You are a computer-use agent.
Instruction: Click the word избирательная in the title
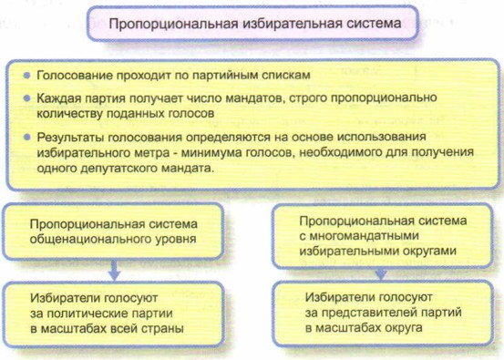(292, 24)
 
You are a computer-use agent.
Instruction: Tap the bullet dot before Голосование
(27, 76)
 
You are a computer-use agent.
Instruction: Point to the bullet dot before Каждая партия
(27, 98)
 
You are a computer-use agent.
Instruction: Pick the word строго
(308, 98)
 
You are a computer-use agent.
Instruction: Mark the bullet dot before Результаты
(27, 138)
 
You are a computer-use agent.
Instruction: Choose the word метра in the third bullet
(150, 152)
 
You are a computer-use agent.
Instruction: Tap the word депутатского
(119, 168)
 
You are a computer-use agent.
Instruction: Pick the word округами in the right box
(428, 251)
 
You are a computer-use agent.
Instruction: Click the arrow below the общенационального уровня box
(114, 270)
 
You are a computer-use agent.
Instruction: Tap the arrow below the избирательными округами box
(381, 273)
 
